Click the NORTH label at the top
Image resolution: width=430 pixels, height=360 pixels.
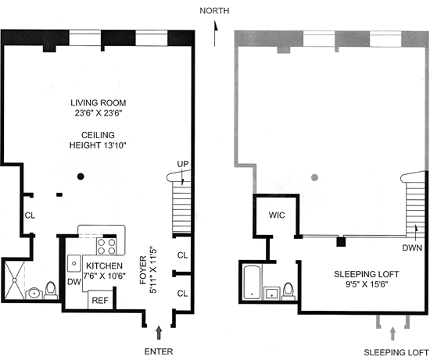click(214, 11)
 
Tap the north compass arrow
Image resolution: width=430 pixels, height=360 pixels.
click(215, 34)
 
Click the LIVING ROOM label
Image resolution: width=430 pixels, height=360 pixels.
click(99, 103)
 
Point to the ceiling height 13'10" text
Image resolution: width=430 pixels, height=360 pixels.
click(98, 145)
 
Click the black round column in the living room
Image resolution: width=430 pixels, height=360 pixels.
click(81, 176)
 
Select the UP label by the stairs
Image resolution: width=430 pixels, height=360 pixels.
click(183, 164)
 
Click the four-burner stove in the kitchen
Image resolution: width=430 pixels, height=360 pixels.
click(106, 246)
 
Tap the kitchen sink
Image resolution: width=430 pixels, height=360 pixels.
click(74, 263)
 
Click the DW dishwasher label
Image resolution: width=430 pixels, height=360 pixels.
click(74, 281)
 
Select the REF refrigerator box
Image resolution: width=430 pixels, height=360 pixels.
click(100, 300)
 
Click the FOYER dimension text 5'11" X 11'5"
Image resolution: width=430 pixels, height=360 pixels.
click(153, 270)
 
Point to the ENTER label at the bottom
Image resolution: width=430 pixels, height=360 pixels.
click(159, 351)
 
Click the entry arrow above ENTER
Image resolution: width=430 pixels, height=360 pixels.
click(159, 333)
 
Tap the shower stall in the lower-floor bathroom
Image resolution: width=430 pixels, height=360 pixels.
click(14, 280)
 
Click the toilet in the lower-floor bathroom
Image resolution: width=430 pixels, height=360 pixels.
click(51, 290)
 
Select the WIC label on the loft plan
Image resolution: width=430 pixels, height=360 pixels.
click(277, 215)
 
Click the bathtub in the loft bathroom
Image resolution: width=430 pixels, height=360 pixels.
click(252, 282)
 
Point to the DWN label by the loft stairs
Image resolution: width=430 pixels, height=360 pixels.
click(412, 248)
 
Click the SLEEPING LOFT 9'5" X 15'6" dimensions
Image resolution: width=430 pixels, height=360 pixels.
click(367, 280)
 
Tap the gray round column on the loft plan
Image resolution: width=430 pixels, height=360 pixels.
click(315, 177)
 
